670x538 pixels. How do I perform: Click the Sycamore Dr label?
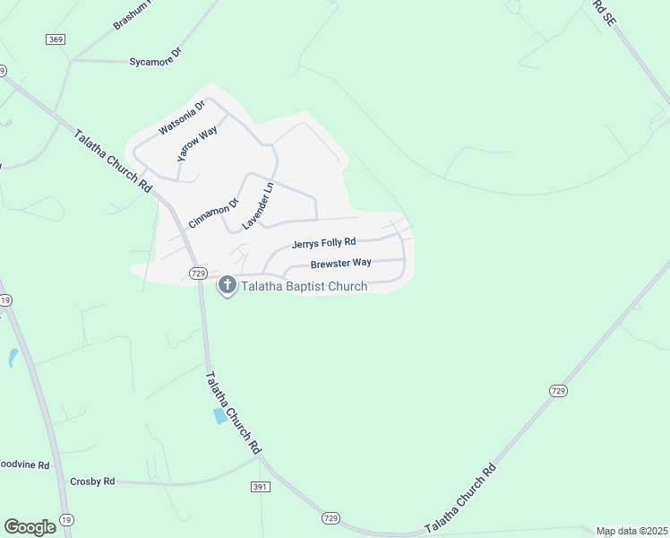pos(155,56)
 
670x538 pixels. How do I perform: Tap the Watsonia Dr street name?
pos(182,117)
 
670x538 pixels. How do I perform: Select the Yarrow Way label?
pos(197,143)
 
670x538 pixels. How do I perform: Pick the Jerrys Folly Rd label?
pos(323,243)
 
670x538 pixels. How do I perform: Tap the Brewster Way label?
pos(340,264)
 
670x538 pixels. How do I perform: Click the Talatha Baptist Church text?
pos(304,286)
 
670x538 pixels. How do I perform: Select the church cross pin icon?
pos(228,285)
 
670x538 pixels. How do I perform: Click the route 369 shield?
pos(56,39)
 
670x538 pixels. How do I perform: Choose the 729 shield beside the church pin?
pos(199,273)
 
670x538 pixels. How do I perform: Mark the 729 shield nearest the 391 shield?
pos(331,518)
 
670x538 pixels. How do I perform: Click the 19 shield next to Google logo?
pos(66,520)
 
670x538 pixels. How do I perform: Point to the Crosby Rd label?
pos(92,482)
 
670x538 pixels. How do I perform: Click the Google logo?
pos(30,527)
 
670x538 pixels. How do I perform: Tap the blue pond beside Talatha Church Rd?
pos(220,416)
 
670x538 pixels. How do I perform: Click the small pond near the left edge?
pos(13,358)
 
